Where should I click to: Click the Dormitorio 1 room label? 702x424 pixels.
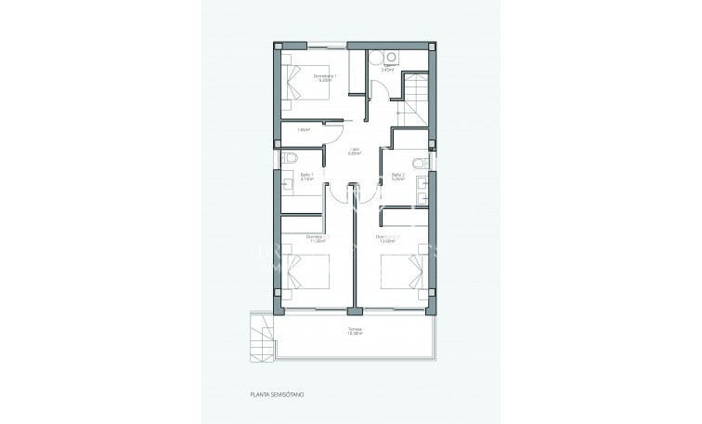point(323,75)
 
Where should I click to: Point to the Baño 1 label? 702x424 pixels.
point(305,175)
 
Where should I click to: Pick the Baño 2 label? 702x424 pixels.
point(398,175)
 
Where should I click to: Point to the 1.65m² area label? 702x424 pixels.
point(303,130)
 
